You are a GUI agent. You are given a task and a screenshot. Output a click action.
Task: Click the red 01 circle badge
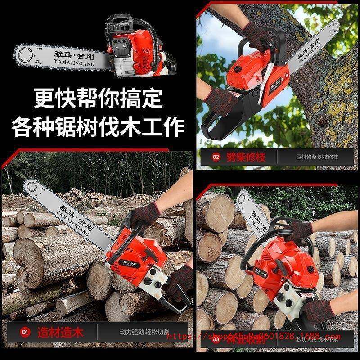point(25,333)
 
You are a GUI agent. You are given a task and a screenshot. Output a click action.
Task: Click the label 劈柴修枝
point(247,157)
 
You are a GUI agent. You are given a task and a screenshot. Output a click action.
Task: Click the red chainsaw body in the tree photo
point(245,72)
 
